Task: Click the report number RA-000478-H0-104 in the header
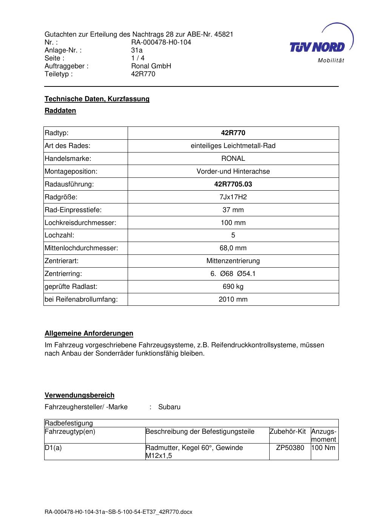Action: (x=161, y=42)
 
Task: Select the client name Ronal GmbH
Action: (x=151, y=66)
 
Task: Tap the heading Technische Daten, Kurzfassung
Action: (x=97, y=99)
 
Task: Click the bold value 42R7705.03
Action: (x=233, y=184)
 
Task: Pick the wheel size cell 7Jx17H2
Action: (x=233, y=197)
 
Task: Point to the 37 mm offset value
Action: (x=233, y=210)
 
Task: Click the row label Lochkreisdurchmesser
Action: (x=80, y=223)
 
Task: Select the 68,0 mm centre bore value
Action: (x=233, y=248)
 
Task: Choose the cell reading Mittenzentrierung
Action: (x=233, y=261)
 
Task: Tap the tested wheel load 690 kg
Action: (x=233, y=287)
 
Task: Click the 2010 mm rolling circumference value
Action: (x=233, y=299)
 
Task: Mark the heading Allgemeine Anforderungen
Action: (x=89, y=333)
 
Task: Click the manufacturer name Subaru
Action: (x=169, y=407)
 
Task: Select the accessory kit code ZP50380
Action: (x=290, y=448)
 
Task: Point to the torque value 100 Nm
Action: (x=324, y=448)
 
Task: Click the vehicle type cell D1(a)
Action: (x=53, y=448)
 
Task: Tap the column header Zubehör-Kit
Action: (x=288, y=431)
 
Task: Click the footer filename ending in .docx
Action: (x=118, y=512)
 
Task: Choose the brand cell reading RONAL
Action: (x=233, y=159)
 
